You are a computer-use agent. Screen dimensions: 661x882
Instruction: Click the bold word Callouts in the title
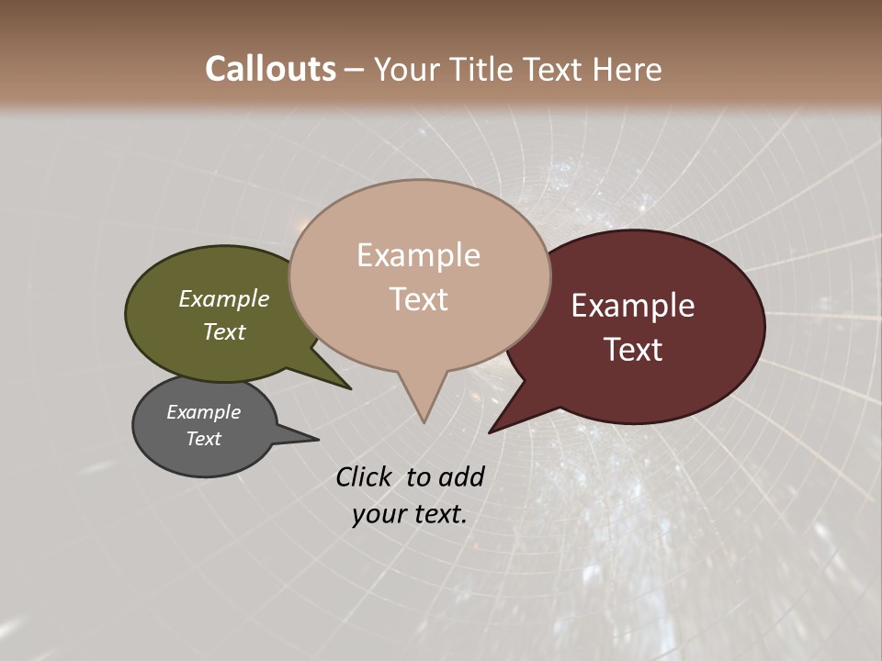coord(270,69)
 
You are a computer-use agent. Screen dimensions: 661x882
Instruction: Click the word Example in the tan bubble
coord(418,255)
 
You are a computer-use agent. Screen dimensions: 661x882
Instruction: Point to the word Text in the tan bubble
coord(419,299)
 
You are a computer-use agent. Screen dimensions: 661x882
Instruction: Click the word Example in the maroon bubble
coord(633,306)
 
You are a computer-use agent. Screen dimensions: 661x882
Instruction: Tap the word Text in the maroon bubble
coord(634,350)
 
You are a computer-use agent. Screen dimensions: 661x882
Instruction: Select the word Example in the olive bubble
coord(224,299)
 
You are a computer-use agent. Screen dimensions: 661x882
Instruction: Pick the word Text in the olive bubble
coord(224,331)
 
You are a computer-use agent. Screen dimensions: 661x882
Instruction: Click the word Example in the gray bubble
coord(204,412)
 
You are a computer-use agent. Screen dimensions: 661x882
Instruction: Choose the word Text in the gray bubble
coord(204,439)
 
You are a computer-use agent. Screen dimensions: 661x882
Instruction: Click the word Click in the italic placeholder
coord(364,476)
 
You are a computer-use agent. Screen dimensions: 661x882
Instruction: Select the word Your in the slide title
coord(403,69)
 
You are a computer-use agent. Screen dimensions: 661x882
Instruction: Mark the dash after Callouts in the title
coord(356,70)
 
